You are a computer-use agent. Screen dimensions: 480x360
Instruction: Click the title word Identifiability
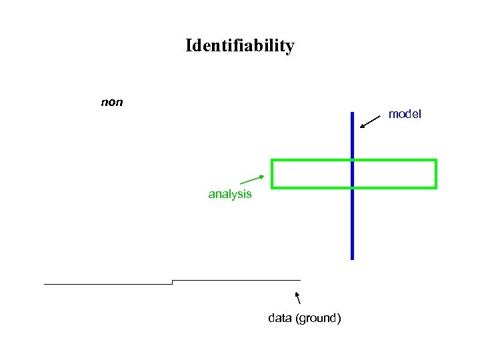click(239, 46)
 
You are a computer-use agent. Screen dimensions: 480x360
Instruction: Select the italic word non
click(111, 103)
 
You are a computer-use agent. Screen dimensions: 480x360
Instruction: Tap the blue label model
click(405, 114)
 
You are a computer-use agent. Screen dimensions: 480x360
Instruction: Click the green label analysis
click(230, 194)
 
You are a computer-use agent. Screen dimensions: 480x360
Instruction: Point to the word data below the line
click(279, 318)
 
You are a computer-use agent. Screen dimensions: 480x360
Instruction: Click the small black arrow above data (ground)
click(298, 298)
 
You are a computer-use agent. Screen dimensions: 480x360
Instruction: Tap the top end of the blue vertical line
click(352, 113)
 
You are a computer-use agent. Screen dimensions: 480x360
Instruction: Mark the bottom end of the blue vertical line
click(352, 258)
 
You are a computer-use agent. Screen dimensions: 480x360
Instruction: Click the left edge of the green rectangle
click(272, 174)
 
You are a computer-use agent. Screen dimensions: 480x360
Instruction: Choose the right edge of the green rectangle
click(435, 174)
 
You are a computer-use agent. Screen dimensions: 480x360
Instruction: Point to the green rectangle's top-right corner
click(435, 160)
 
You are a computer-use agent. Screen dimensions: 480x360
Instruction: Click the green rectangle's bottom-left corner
click(272, 188)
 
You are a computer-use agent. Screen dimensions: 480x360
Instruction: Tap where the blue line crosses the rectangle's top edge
click(352, 160)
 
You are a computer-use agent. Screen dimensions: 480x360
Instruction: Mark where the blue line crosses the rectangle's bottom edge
click(352, 188)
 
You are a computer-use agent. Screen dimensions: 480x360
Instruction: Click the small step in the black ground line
click(172, 282)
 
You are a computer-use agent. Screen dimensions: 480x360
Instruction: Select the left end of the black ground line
click(45, 284)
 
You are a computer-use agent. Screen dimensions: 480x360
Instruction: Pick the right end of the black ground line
click(300, 280)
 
